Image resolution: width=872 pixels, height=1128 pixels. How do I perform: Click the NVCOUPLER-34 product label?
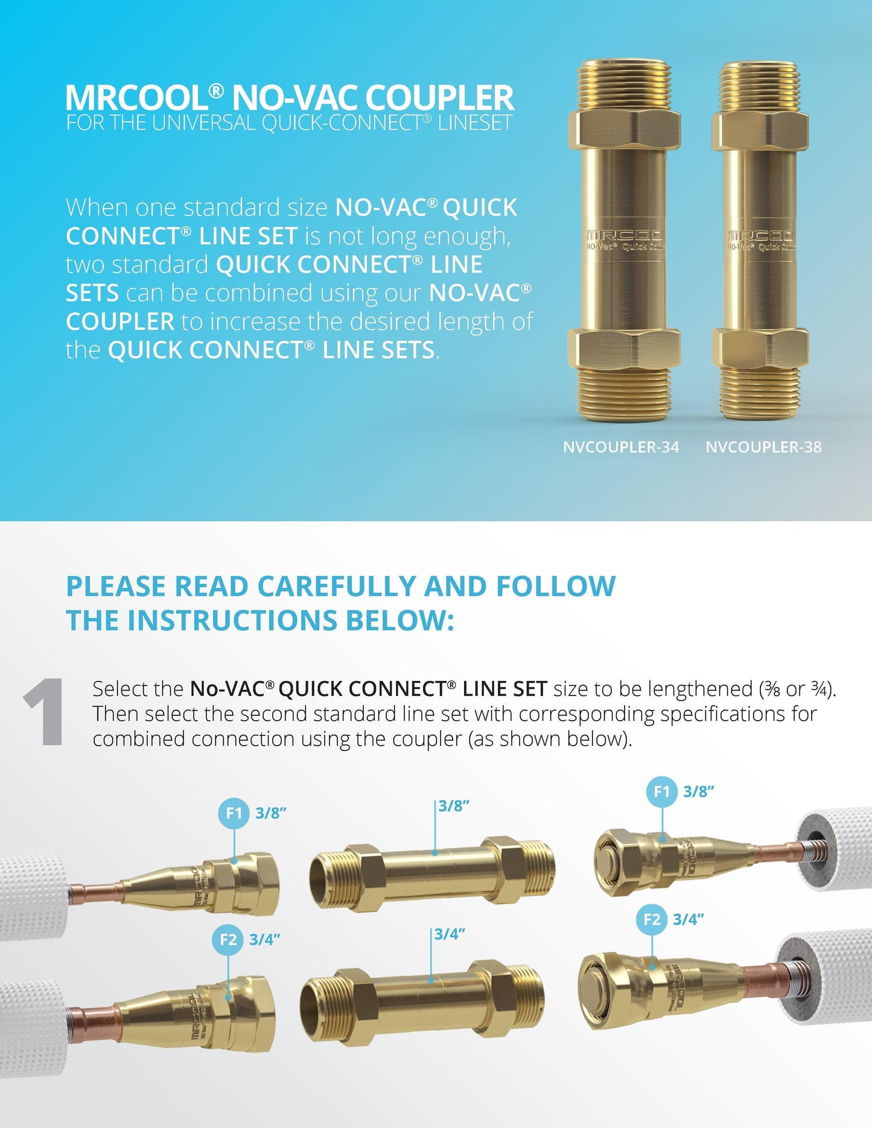[621, 447]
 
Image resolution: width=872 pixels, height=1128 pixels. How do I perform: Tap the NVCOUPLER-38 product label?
[763, 447]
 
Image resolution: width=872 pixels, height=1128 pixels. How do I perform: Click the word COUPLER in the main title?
[439, 97]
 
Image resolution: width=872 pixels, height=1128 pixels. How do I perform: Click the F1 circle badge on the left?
[234, 813]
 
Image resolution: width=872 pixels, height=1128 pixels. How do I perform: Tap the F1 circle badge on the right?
[662, 791]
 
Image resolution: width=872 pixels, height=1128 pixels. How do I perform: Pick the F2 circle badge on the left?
[228, 940]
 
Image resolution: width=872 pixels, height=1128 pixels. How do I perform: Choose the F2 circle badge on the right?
[652, 919]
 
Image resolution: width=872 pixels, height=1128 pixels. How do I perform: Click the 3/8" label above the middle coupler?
[454, 806]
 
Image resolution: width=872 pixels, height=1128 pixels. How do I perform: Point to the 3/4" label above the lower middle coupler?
[450, 934]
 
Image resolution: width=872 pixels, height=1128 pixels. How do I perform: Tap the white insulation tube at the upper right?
[835, 851]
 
